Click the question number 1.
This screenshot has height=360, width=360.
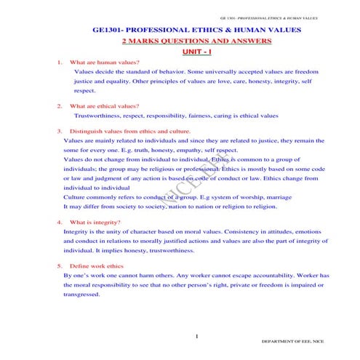tap(59, 63)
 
